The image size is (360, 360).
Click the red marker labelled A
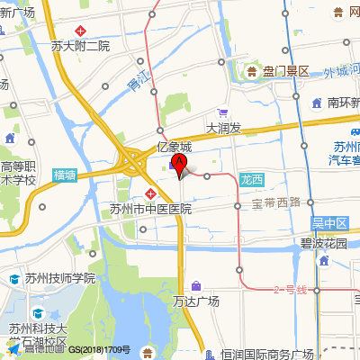[x=179, y=165]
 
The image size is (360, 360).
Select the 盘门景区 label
[x=285, y=71]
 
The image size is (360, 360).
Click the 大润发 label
[x=224, y=129]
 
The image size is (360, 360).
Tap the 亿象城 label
[x=175, y=146]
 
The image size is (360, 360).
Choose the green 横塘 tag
[x=65, y=175]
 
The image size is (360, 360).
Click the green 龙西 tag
[x=252, y=179]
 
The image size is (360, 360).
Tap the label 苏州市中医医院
[x=151, y=209]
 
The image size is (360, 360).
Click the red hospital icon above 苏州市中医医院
[x=151, y=194]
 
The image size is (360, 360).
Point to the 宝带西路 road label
[x=276, y=202]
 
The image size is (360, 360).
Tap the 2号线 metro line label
[x=290, y=289]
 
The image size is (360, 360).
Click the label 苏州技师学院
[x=59, y=278]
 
